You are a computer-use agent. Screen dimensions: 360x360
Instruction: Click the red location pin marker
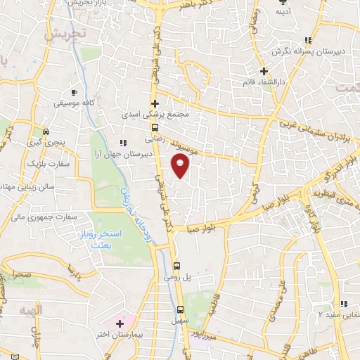181,167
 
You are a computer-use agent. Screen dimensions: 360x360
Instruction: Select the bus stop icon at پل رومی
176,266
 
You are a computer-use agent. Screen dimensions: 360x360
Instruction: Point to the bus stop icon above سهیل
180,309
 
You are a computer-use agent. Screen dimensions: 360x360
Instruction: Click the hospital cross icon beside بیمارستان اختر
120,324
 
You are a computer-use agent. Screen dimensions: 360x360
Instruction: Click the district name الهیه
31,309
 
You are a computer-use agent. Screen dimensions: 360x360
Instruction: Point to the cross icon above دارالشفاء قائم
264,71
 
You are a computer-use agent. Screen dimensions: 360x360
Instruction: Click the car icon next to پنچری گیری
46,131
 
